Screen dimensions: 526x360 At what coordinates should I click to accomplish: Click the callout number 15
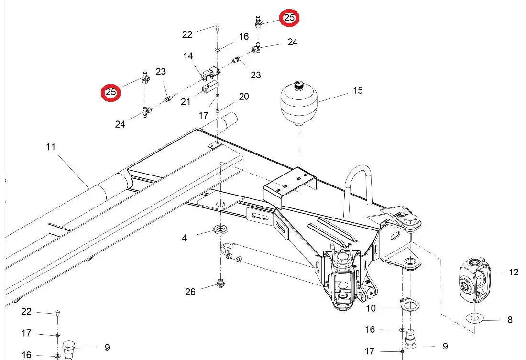click(358, 90)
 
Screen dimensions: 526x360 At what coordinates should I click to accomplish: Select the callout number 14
click(188, 56)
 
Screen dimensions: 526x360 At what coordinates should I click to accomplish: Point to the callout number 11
click(51, 147)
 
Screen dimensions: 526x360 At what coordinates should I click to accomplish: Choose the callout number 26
click(190, 292)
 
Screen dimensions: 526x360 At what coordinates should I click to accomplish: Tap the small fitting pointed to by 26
click(220, 283)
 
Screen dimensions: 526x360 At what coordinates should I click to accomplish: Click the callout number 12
click(514, 272)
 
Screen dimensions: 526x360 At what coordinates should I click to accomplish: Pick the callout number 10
click(371, 308)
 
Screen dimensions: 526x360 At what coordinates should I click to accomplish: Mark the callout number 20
click(244, 97)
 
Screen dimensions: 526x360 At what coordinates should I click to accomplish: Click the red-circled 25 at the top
click(289, 17)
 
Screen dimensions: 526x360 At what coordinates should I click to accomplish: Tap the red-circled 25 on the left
click(111, 92)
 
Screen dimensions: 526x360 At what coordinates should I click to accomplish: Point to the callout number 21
click(186, 102)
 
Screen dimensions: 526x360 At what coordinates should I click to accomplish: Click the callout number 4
click(185, 238)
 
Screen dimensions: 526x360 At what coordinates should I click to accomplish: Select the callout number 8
click(510, 320)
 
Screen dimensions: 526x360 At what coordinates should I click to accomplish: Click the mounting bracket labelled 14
click(211, 74)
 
